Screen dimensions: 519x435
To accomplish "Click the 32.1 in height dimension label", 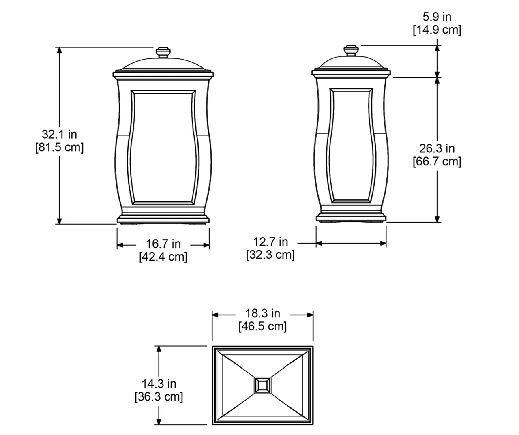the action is coord(60,135).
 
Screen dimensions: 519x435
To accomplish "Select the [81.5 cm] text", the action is coord(60,148).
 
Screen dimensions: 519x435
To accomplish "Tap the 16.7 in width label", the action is coord(163,244).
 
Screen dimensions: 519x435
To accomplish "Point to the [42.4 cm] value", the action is coord(163,257).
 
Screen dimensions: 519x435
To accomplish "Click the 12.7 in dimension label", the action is coord(270,242).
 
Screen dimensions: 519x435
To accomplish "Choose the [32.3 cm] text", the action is coord(270,255).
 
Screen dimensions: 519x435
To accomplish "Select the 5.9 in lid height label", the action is coord(437,17).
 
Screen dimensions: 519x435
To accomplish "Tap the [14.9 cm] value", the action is coord(437,30).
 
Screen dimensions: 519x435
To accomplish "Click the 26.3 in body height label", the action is coord(437,149).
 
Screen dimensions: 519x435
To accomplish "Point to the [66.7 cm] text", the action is coord(437,162).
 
